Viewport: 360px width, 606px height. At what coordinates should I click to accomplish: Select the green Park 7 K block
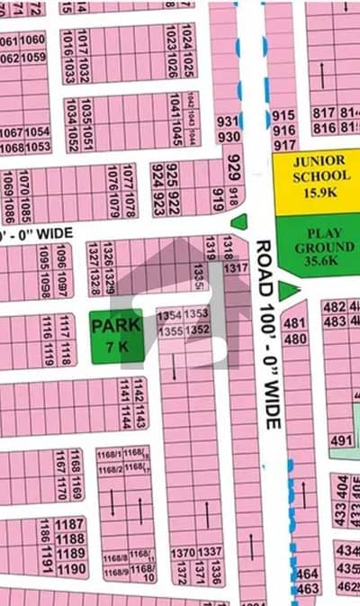click(x=115, y=336)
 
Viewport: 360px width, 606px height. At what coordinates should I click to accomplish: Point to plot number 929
click(x=234, y=166)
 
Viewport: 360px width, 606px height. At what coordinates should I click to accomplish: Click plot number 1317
click(x=236, y=267)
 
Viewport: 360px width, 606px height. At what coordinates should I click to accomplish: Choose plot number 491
click(x=341, y=440)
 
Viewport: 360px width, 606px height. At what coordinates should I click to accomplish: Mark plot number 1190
click(x=71, y=569)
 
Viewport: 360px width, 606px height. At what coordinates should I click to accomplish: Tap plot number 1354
click(x=169, y=314)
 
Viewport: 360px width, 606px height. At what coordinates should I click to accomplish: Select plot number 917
click(x=283, y=144)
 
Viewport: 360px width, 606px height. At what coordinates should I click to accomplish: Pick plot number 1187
click(x=70, y=525)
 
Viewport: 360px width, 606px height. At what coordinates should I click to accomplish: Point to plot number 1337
click(x=209, y=552)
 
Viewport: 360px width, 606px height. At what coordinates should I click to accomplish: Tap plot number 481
click(x=294, y=323)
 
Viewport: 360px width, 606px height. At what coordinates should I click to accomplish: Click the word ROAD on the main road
click(x=264, y=261)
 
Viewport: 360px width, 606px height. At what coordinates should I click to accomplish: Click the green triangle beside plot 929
click(x=239, y=222)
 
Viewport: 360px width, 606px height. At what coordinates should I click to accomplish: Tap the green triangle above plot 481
click(x=288, y=290)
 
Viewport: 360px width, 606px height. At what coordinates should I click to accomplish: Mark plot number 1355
click(x=169, y=330)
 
